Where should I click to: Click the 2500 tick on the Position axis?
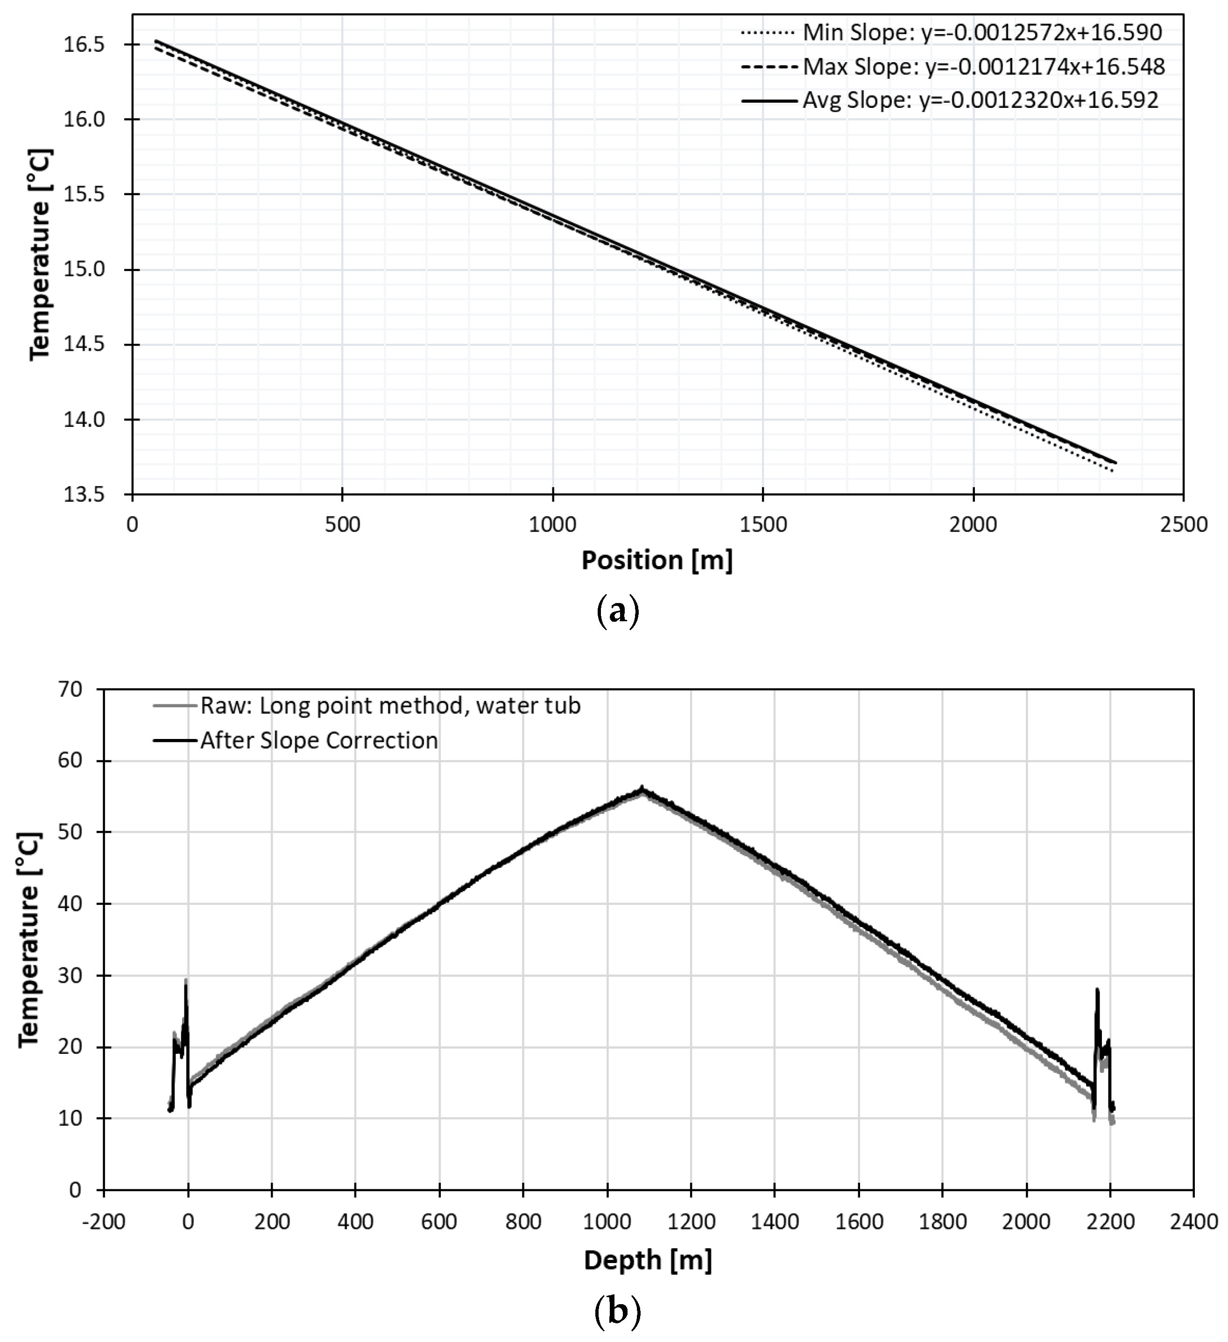click(x=1183, y=525)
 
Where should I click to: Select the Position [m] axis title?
click(x=657, y=561)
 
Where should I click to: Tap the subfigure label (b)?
click(x=616, y=1311)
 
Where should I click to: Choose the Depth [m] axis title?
click(x=648, y=1260)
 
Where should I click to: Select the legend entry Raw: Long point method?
click(x=389, y=706)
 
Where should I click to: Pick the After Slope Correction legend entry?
click(x=319, y=740)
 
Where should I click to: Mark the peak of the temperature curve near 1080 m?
click(x=642, y=789)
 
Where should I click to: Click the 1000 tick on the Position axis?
click(x=552, y=525)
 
